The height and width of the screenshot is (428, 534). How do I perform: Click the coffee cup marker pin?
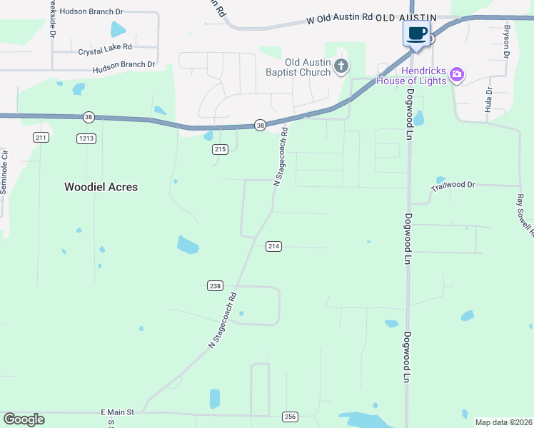tap(417, 33)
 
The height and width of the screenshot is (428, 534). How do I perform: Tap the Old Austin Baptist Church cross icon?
tap(341, 66)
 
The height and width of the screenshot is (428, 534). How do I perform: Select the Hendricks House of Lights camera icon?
tap(458, 74)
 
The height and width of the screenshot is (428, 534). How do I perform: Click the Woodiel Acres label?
tap(101, 187)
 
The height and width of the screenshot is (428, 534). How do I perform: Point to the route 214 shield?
tap(274, 246)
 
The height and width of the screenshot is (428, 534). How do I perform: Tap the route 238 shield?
tap(215, 285)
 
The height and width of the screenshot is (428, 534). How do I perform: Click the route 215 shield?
tap(220, 149)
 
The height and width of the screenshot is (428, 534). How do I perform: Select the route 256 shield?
tap(290, 417)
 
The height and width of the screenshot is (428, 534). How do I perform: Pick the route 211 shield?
tap(41, 137)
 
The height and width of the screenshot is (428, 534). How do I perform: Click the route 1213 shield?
tap(86, 138)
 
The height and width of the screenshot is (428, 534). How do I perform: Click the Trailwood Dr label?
tap(453, 185)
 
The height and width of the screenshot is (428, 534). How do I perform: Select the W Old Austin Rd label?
tap(339, 18)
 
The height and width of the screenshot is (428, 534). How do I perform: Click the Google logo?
tap(24, 419)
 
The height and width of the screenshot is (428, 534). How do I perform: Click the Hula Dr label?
tap(489, 101)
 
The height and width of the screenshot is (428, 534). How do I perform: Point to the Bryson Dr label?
tap(507, 42)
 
